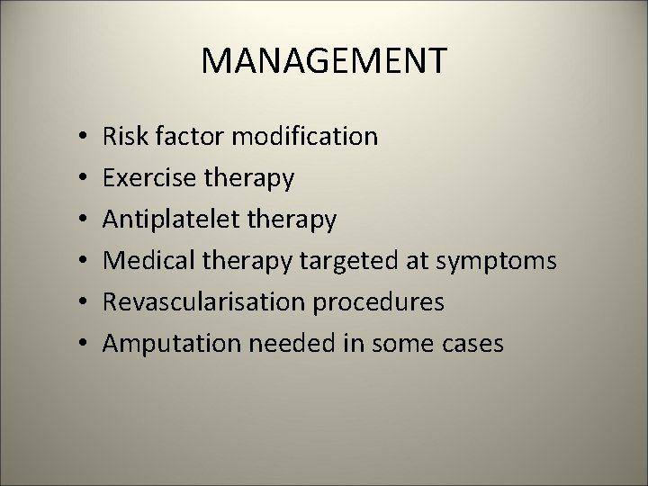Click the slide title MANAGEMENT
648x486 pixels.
(x=323, y=61)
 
